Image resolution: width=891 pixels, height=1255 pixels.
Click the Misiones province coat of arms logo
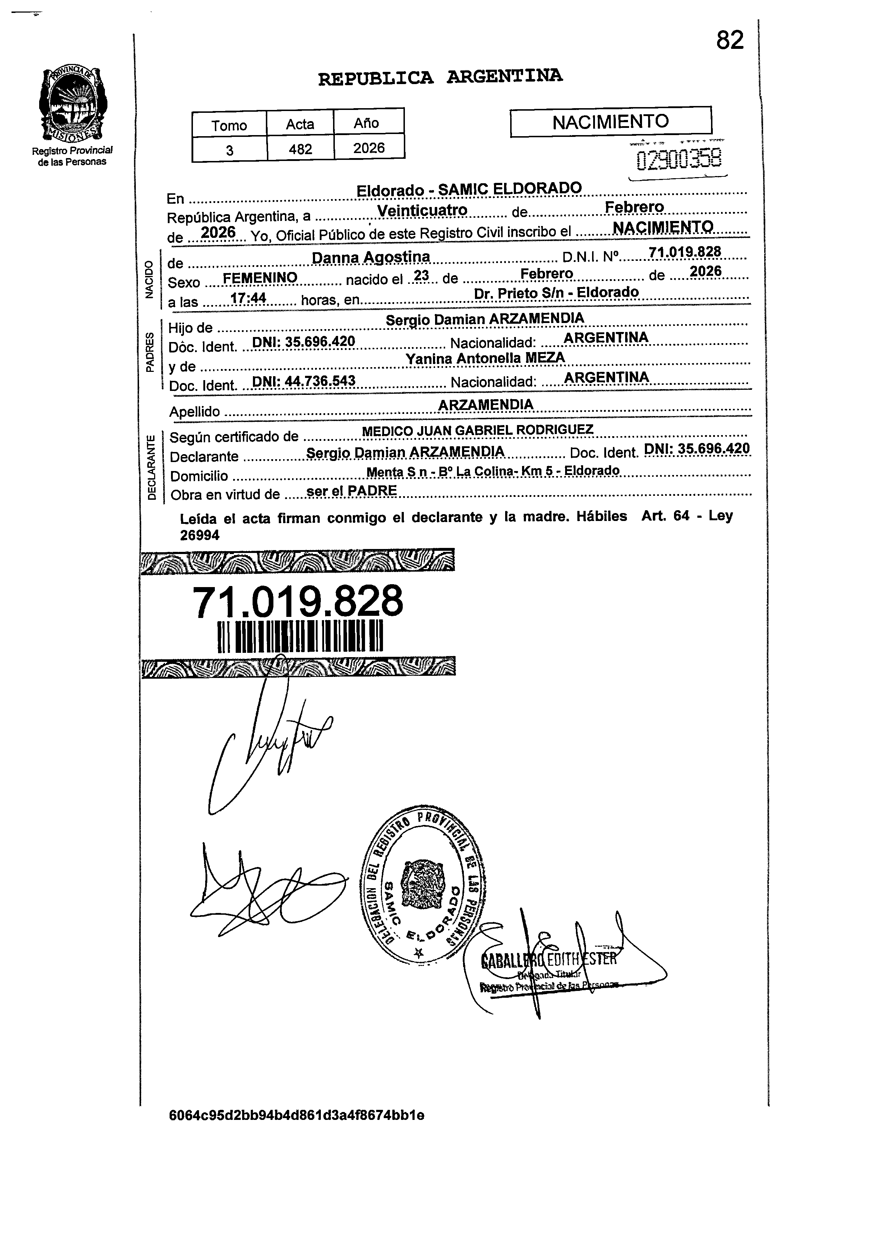click(73, 104)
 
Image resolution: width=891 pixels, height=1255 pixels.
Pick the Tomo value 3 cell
click(229, 149)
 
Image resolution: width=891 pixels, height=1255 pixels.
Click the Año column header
click(366, 123)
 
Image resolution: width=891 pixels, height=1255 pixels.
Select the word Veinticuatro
click(423, 211)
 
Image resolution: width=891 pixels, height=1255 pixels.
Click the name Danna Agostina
click(371, 257)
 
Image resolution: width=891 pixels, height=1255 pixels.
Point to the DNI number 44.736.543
click(303, 381)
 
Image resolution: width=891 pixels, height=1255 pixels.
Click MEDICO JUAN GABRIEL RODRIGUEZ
click(477, 430)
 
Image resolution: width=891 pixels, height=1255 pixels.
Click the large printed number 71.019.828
click(298, 602)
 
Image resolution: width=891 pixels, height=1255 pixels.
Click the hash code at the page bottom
click(297, 1115)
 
